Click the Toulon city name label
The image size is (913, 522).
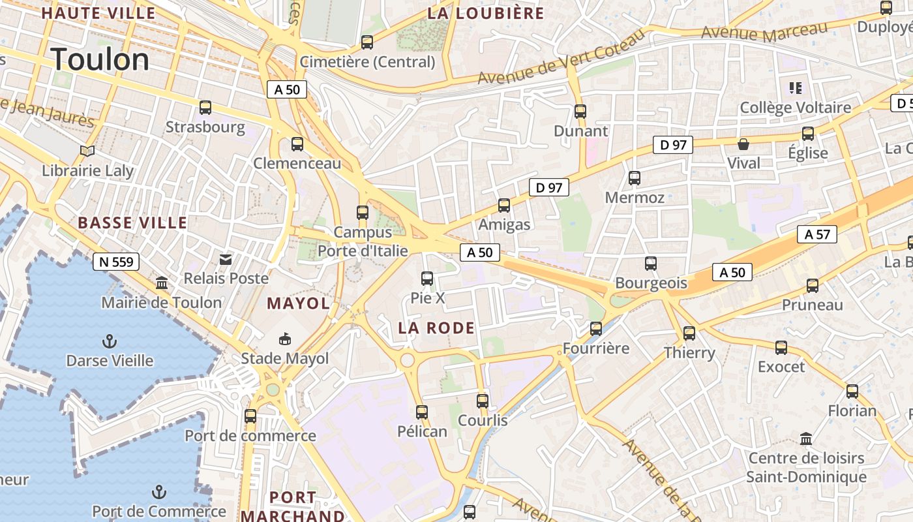(100, 59)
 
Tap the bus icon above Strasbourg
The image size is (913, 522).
(205, 108)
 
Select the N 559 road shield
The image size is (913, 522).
(116, 262)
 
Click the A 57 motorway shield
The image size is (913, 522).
(817, 234)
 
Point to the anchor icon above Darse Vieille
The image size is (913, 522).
(110, 341)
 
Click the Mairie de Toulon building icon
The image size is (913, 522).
(162, 283)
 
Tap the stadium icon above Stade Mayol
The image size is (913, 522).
(285, 339)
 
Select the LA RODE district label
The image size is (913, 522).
(436, 328)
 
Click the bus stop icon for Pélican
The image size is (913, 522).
(422, 412)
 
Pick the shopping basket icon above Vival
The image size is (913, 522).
(743, 144)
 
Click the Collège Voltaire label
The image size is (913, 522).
(795, 108)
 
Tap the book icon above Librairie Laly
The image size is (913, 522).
(87, 151)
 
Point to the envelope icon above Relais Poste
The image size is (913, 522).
(226, 260)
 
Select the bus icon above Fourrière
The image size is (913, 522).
(596, 329)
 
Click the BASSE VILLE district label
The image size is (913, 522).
(132, 223)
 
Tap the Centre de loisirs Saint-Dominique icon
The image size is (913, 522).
(806, 438)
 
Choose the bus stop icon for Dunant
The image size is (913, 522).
(580, 112)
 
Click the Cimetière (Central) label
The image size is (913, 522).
(367, 62)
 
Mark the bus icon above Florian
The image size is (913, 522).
(852, 391)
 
